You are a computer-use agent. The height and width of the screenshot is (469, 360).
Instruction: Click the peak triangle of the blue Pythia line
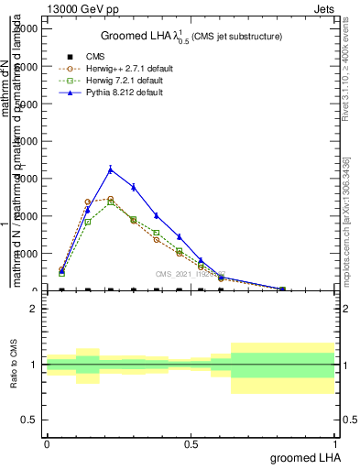(111, 169)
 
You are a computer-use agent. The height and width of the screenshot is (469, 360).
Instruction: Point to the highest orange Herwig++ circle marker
(111, 199)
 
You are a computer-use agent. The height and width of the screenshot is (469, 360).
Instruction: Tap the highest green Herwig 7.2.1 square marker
(111, 202)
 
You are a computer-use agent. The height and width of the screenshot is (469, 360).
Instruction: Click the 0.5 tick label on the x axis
(191, 443)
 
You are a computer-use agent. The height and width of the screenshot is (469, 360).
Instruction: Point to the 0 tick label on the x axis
(47, 443)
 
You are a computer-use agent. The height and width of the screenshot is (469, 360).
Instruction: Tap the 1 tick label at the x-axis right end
(336, 443)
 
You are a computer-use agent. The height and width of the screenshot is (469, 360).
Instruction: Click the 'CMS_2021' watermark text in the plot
(189, 273)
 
